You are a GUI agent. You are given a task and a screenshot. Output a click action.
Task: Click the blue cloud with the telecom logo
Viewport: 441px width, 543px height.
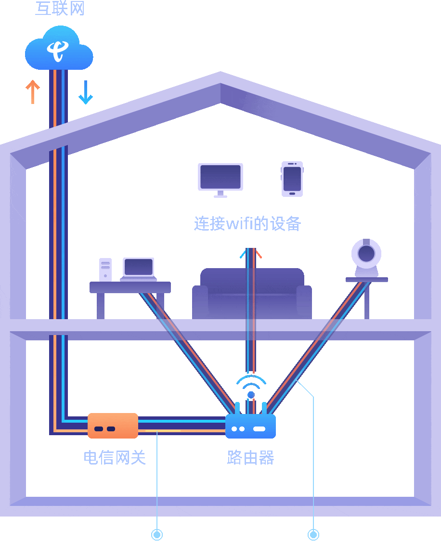59,50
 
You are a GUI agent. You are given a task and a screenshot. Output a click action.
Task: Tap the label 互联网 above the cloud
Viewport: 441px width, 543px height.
60,8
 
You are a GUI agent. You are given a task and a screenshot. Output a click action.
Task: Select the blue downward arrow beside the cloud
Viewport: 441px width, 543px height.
86,92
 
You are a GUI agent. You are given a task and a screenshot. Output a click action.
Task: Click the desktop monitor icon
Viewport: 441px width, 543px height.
220,178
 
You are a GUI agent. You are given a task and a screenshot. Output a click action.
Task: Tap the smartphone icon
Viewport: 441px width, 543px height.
292,179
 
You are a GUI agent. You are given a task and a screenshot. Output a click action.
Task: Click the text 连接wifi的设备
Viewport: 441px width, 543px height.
247,224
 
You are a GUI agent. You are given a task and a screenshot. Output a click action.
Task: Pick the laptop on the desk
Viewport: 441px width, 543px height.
139,268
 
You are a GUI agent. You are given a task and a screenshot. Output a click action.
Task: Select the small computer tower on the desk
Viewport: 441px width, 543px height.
105,270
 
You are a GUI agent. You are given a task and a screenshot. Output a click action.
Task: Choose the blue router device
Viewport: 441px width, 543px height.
250,427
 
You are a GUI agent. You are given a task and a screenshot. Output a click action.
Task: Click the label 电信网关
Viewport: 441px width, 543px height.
115,457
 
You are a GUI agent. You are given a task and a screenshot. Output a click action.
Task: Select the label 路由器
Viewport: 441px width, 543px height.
250,457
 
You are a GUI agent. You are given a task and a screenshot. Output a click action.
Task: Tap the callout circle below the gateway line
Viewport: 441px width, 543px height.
157,534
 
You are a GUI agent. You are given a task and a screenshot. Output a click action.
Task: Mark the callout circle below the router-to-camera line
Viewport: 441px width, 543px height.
313,534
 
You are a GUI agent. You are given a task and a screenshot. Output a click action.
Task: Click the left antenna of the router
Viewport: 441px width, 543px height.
237,408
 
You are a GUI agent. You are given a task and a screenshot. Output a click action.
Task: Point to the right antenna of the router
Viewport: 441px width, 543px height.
264,408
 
